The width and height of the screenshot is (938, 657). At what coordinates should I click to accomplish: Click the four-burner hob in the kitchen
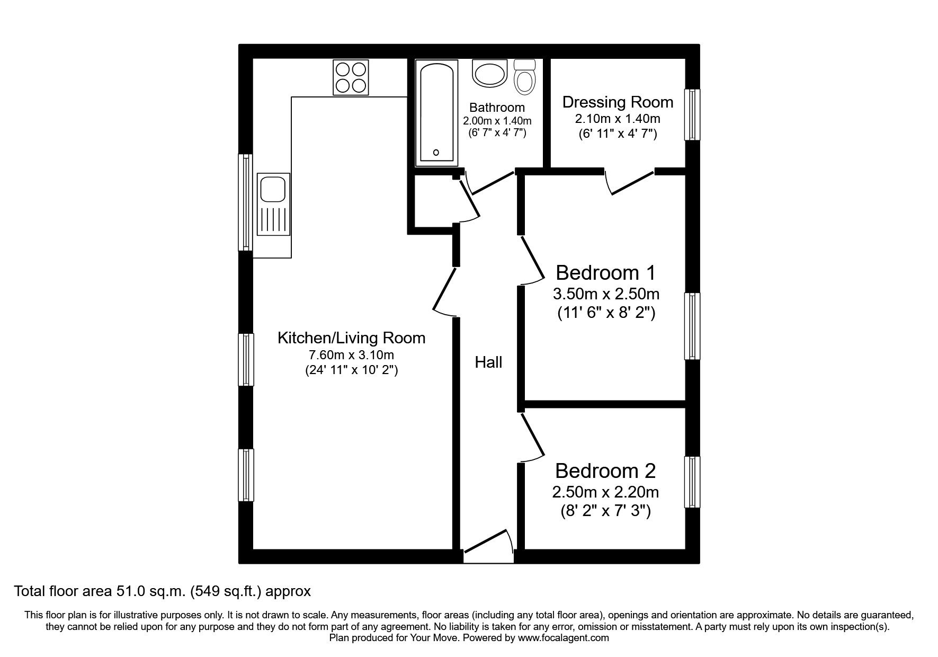(351, 77)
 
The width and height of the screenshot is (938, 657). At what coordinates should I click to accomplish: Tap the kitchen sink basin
(273, 190)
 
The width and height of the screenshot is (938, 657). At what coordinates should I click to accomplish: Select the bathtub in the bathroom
(436, 112)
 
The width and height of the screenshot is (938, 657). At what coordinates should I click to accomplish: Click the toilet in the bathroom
(525, 77)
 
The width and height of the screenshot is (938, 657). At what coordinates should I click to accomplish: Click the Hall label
(488, 362)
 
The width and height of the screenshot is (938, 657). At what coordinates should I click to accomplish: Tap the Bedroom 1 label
(605, 273)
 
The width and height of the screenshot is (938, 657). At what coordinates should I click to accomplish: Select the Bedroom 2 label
(605, 470)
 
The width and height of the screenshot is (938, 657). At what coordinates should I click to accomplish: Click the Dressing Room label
(618, 102)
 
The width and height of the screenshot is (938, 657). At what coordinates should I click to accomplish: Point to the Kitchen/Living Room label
(351, 338)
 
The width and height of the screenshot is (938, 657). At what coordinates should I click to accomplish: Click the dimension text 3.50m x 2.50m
(606, 293)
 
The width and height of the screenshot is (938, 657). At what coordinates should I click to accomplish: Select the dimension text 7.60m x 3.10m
(351, 354)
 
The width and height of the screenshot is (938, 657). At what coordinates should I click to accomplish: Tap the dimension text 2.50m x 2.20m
(605, 492)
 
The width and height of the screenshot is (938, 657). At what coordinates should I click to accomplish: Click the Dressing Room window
(692, 114)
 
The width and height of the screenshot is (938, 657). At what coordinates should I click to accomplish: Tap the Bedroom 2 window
(692, 482)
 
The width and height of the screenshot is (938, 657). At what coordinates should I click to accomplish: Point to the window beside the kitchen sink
(245, 202)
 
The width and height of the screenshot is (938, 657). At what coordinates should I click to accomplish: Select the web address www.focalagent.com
(564, 638)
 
